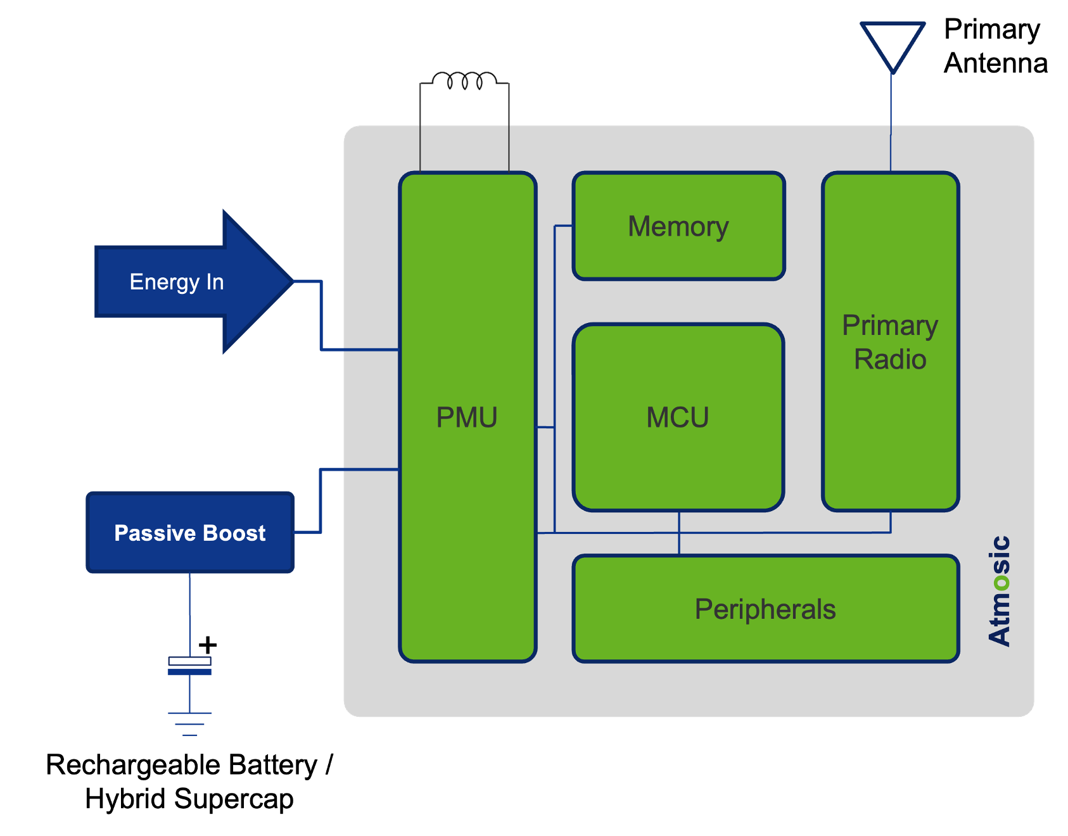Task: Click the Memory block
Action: [678, 226]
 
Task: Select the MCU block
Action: [678, 417]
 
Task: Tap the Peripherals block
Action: [765, 609]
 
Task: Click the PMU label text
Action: [467, 417]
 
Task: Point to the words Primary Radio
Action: [890, 342]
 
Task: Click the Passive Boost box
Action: [190, 533]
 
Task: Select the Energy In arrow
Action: [190, 282]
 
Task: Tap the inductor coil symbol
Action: [464, 80]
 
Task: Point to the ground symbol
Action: [189, 724]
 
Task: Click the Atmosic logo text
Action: [1000, 591]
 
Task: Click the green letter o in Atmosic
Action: [1001, 581]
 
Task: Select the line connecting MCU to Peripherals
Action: [679, 533]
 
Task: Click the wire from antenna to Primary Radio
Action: [891, 120]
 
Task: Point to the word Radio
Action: [890, 359]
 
